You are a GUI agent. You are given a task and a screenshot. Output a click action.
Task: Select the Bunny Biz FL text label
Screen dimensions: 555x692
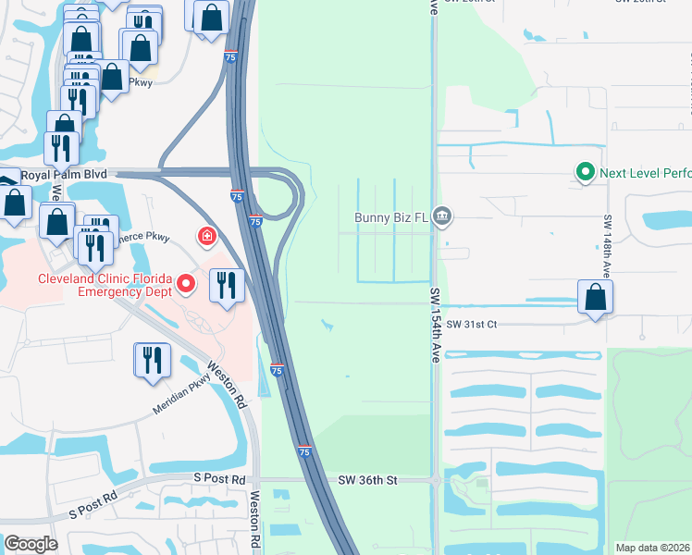[x=392, y=218]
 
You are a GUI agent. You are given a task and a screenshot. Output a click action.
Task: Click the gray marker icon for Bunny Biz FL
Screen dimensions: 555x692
[x=442, y=217]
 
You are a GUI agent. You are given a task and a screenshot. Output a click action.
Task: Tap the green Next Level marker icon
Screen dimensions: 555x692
[x=585, y=172]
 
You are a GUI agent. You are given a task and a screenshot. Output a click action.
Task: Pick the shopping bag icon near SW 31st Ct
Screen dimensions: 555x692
[x=595, y=298]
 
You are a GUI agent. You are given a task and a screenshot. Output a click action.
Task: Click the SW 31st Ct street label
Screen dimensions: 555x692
[x=472, y=324]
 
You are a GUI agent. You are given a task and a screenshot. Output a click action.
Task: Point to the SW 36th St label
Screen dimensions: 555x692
[x=367, y=480]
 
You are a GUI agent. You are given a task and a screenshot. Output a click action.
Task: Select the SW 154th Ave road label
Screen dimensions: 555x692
[x=435, y=325]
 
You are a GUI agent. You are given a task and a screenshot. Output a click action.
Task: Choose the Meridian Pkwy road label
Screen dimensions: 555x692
[x=183, y=398]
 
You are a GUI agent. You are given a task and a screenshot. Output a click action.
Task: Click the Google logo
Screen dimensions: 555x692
[x=31, y=543]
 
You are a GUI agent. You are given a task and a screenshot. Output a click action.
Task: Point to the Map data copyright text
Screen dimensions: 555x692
[x=651, y=548]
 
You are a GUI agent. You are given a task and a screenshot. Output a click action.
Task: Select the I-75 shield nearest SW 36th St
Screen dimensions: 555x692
[x=304, y=450]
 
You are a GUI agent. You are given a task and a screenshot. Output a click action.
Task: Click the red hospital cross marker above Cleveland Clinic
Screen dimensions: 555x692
[x=206, y=238]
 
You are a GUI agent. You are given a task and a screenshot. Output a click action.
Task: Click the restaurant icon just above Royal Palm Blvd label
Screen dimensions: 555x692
[x=62, y=147]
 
